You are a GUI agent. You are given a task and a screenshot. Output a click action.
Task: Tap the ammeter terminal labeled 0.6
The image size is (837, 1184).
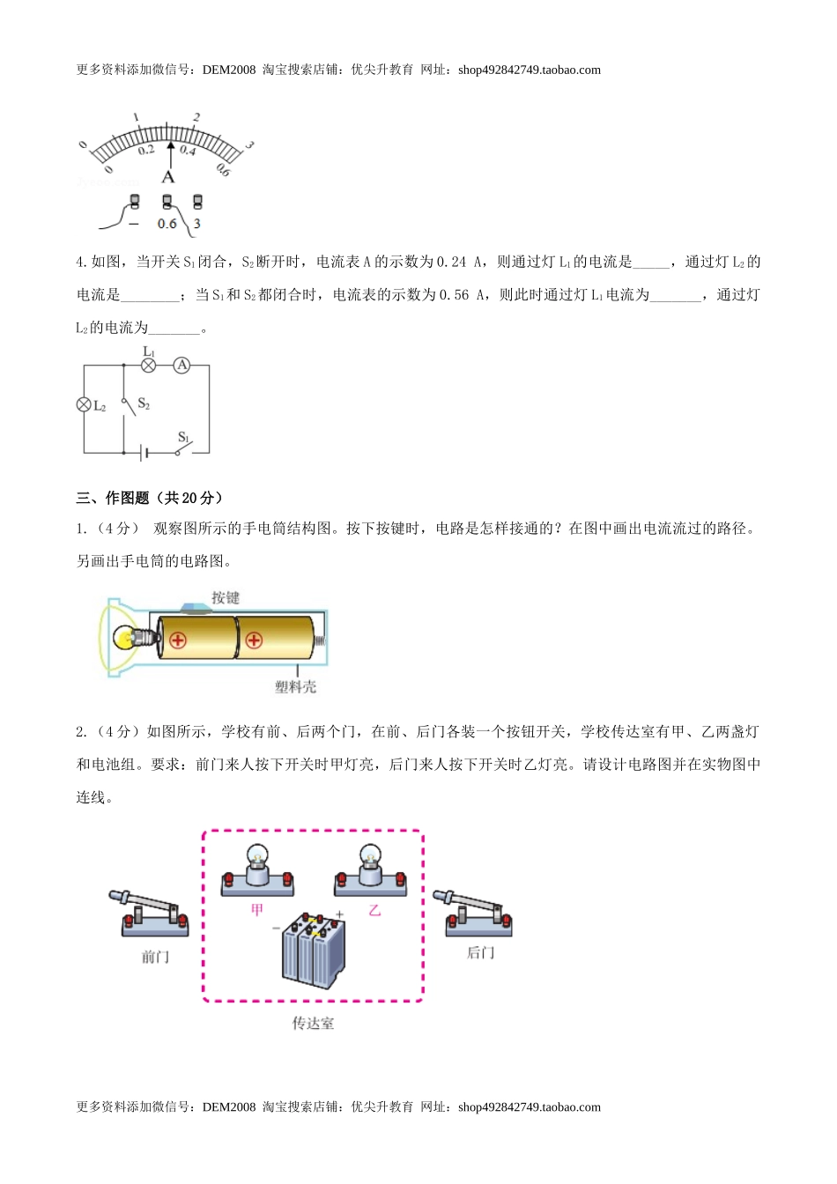[167, 203]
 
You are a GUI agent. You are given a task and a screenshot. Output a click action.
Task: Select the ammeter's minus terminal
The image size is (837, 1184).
[135, 202]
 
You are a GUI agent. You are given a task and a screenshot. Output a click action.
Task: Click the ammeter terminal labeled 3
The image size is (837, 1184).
[197, 203]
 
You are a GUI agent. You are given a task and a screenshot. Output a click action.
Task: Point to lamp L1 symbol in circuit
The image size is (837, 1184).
[148, 365]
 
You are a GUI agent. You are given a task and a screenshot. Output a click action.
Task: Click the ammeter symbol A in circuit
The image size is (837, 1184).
[181, 365]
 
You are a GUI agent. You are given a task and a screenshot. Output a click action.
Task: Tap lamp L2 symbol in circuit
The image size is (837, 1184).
[85, 405]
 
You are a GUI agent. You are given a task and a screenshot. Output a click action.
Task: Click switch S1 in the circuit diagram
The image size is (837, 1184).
[182, 449]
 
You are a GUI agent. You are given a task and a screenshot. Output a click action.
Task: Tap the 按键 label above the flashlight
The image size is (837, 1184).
[226, 597]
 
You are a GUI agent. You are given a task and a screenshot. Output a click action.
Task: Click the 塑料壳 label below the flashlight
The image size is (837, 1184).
[295, 686]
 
